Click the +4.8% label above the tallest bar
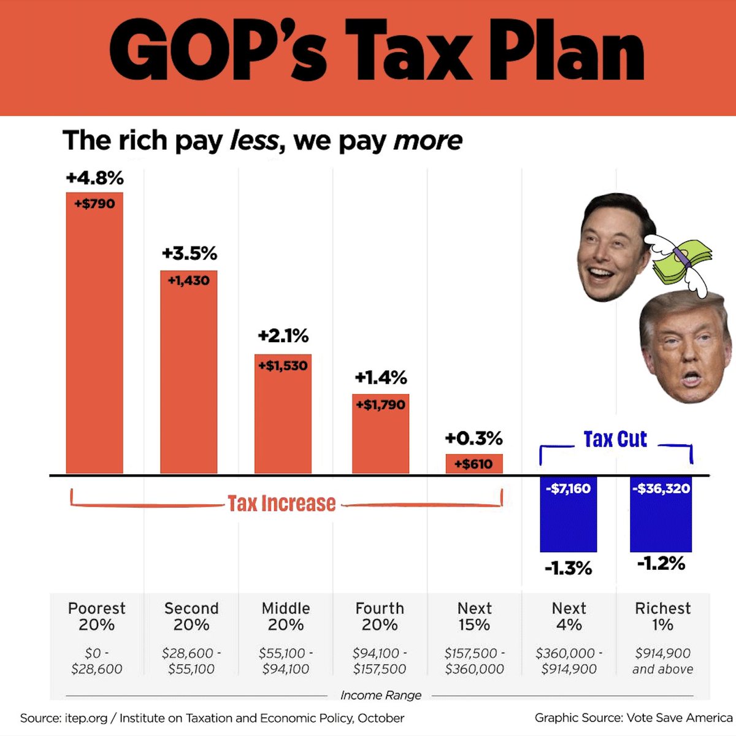[95, 178]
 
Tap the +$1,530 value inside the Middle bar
[283, 366]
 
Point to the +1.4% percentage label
[381, 377]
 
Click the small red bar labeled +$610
[473, 464]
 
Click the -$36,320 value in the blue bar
[661, 489]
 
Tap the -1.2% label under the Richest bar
[661, 563]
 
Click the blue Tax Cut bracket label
[615, 439]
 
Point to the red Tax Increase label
[282, 504]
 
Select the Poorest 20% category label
[96, 616]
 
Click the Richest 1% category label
[662, 616]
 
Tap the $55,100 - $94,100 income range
[286, 661]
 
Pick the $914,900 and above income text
[662, 661]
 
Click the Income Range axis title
[381, 695]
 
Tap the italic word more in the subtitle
[427, 140]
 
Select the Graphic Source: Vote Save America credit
[633, 718]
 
